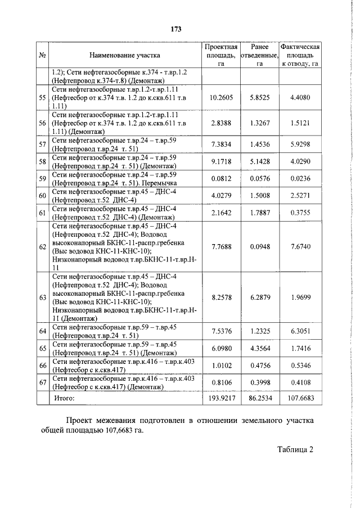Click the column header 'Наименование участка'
coord(124,55)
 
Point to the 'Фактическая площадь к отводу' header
coord(300,55)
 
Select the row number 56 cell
coord(42,123)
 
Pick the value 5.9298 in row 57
coord(300,145)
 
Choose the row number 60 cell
coord(42,196)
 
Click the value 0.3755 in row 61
coord(300,213)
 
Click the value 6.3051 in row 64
coord(300,331)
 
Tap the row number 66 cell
coord(42,366)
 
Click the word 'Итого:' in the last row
coord(64,398)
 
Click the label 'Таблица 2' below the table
coord(294,449)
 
